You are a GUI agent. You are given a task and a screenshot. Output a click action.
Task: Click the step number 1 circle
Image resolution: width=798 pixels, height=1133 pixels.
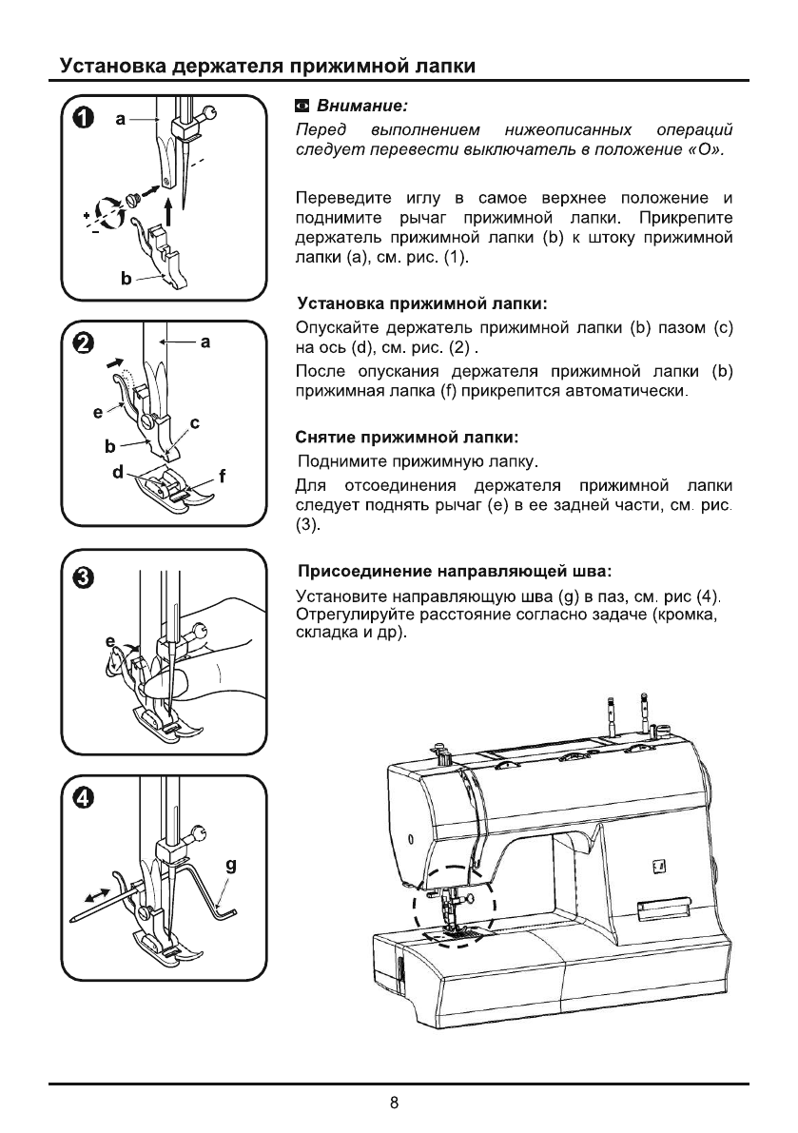[x=85, y=119]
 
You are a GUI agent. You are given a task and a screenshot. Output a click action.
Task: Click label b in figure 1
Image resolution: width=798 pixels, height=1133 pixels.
[x=125, y=279]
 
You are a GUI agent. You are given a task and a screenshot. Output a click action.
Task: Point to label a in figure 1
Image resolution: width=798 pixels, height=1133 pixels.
[x=121, y=119]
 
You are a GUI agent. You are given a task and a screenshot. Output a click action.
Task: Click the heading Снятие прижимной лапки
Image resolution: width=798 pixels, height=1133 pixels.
[x=408, y=439]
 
